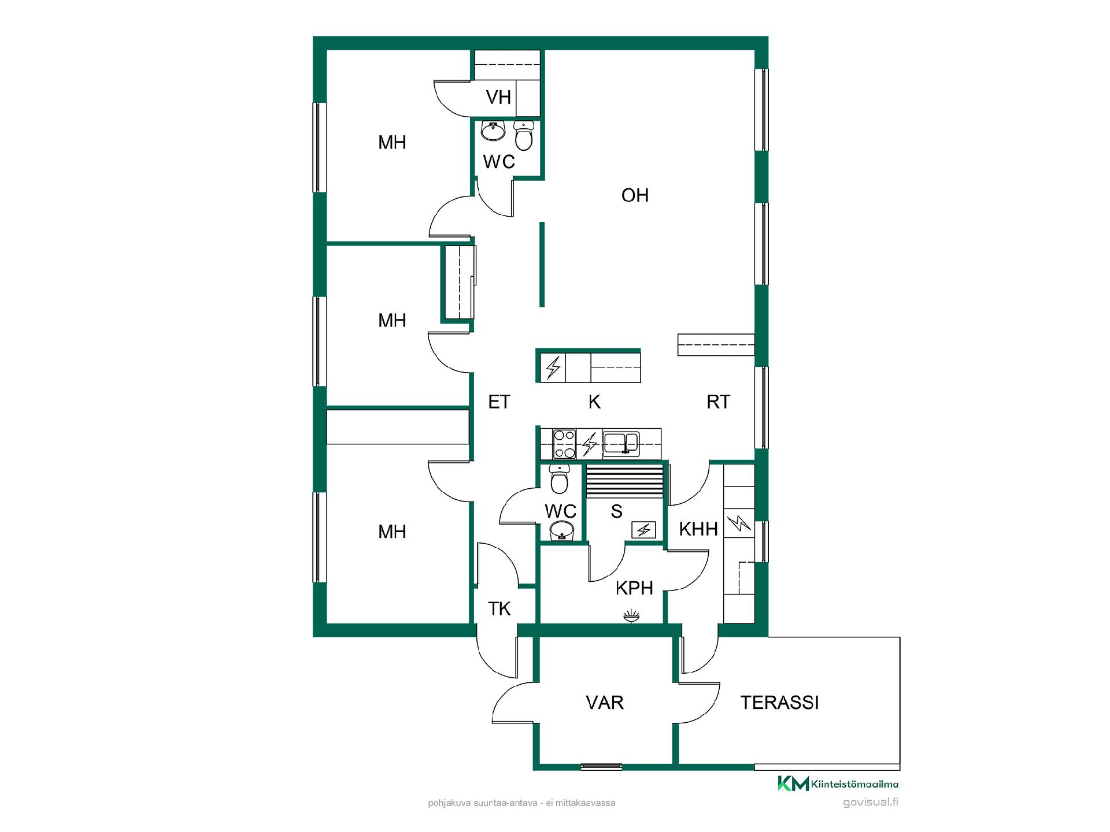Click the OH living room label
[x=635, y=195]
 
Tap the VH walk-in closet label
[x=498, y=97]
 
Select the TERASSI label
[x=780, y=703]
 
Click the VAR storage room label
[x=605, y=703]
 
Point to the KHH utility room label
[x=698, y=529]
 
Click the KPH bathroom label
[x=634, y=588]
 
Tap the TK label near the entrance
[x=499, y=609]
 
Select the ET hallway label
[x=499, y=402]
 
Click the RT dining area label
[x=719, y=402]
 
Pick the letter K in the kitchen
[x=594, y=402]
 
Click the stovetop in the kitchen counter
[x=564, y=444]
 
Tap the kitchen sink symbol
[x=621, y=444]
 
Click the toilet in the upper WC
[x=524, y=136]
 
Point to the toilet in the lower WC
[x=559, y=479]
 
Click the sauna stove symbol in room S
[x=643, y=529]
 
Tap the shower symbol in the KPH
[x=631, y=616]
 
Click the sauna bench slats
[x=624, y=481]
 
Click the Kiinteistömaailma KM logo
[x=793, y=783]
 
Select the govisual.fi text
[x=871, y=803]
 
